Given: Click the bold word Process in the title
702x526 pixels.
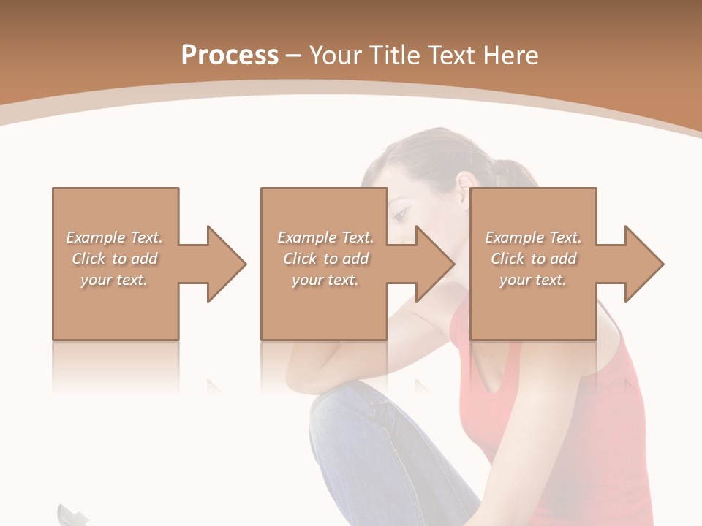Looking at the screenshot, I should (230, 56).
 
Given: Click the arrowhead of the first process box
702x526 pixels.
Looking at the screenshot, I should (224, 264).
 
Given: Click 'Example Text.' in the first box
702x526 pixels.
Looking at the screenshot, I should (114, 237).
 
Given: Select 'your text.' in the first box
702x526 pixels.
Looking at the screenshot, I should (114, 280).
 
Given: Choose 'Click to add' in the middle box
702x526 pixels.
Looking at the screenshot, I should (325, 259).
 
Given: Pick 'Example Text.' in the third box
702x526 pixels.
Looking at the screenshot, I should (533, 237).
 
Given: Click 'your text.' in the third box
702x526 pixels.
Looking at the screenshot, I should (533, 280).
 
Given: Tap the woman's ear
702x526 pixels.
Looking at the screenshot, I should (463, 187).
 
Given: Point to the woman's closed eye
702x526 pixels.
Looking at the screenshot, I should (399, 214).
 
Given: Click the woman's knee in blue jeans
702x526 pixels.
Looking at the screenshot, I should (344, 409).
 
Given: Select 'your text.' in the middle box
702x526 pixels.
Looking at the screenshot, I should (325, 280).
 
